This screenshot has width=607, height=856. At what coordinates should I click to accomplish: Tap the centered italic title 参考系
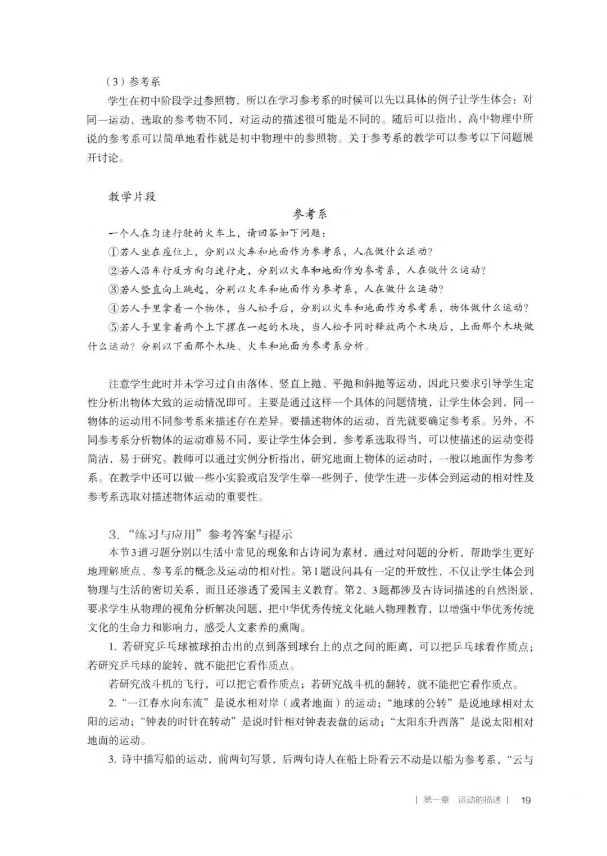(x=310, y=214)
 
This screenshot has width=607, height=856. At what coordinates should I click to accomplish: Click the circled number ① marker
(x=114, y=251)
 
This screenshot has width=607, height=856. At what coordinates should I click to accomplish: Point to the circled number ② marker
(x=114, y=270)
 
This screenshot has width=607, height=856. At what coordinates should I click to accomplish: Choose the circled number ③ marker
(x=114, y=289)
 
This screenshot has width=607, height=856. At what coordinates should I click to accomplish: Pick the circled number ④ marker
(x=114, y=308)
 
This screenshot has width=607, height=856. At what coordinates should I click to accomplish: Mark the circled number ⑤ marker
(x=114, y=327)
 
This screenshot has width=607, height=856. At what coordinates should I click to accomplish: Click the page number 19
(x=526, y=800)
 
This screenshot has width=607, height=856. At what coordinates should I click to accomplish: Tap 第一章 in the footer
(x=436, y=800)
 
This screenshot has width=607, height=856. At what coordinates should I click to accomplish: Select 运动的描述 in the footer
(x=479, y=800)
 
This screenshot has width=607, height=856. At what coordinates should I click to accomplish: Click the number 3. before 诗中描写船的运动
(x=112, y=760)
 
